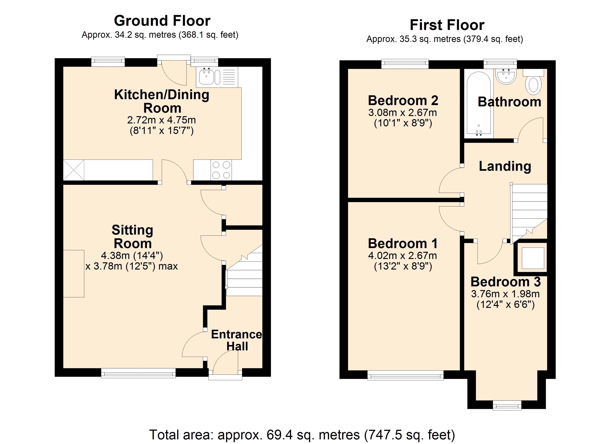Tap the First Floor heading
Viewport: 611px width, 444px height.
[x=447, y=25]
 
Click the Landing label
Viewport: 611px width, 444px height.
[x=505, y=166]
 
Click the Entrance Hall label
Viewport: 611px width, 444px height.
[x=237, y=340]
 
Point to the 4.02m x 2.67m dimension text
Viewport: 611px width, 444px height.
[x=403, y=255]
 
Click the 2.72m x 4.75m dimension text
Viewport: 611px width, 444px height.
[x=162, y=120]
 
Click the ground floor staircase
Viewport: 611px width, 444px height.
[x=244, y=277]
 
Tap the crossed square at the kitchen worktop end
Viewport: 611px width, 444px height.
[x=74, y=170]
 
